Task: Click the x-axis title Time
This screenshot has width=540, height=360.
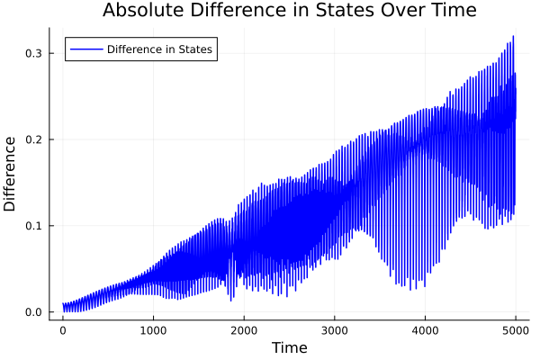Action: (x=289, y=347)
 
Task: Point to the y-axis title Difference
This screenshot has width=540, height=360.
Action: (x=11, y=174)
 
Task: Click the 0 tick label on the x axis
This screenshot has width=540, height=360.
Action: (x=63, y=330)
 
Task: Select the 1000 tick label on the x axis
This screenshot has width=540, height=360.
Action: (x=153, y=330)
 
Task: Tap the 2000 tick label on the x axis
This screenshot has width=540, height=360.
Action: (x=244, y=330)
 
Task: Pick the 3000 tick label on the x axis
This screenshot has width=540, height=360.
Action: (x=335, y=330)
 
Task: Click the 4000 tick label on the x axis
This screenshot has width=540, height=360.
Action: (x=425, y=330)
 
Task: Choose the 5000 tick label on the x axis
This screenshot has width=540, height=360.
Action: (x=515, y=330)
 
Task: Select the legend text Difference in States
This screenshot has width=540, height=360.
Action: (x=159, y=49)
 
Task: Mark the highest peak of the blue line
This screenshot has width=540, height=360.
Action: (x=513, y=37)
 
